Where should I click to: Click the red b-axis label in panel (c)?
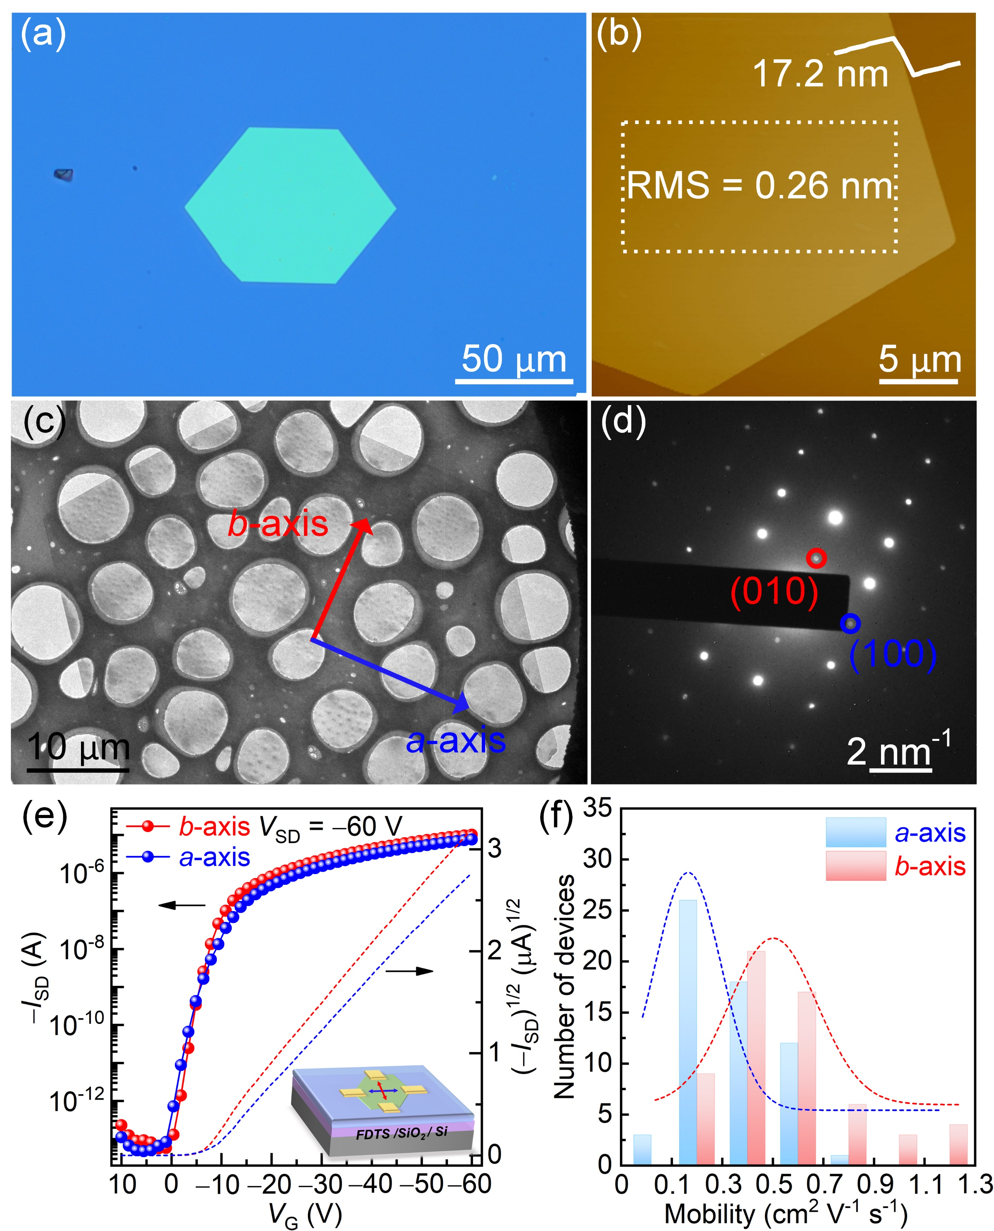(x=278, y=524)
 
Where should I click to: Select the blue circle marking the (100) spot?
(x=850, y=623)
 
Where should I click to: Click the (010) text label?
(x=774, y=591)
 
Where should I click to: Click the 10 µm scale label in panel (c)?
(x=78, y=747)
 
